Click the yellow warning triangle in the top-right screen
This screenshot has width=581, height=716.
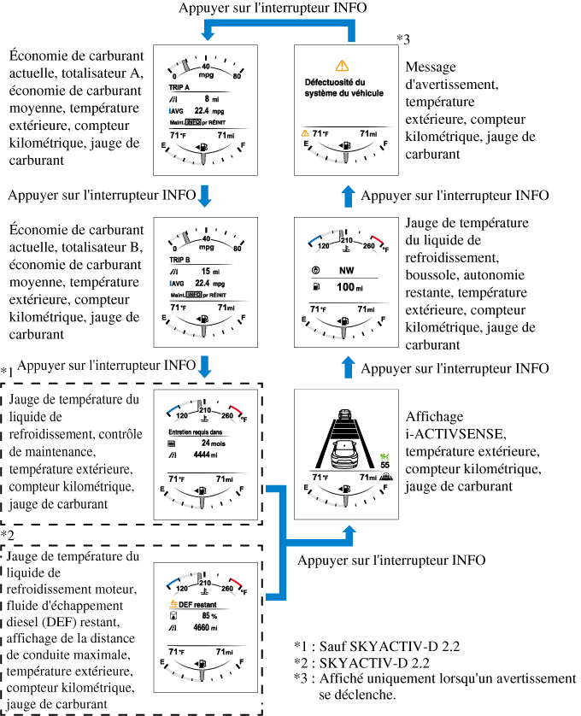[343, 65]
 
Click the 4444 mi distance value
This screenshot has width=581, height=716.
[207, 456]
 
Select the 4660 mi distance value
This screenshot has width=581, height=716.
[207, 627]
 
